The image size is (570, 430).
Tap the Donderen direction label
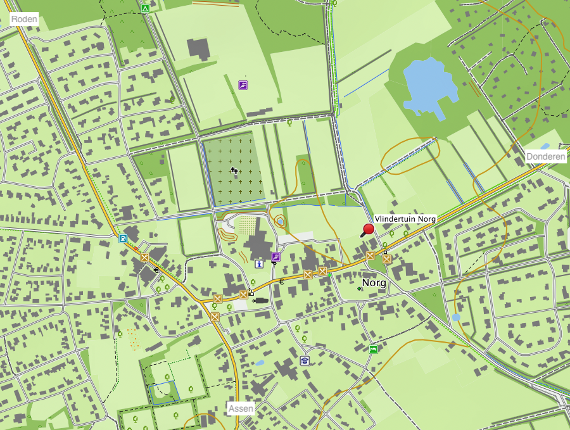click(x=545, y=156)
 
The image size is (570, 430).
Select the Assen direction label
click(x=241, y=408)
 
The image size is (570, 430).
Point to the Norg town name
click(x=374, y=282)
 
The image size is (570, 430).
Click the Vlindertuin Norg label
click(x=405, y=218)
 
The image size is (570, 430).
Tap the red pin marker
click(x=368, y=230)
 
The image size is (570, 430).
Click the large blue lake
click(x=430, y=83)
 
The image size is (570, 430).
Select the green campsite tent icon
click(x=145, y=9)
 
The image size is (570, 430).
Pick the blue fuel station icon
click(x=122, y=239)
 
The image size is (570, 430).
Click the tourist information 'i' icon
click(x=258, y=263)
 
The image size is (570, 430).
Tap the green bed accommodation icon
click(x=374, y=349)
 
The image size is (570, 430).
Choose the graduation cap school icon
click(x=304, y=360)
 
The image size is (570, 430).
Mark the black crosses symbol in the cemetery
click(x=234, y=170)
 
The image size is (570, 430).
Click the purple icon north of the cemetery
click(x=243, y=84)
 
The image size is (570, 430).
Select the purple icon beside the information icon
click(x=275, y=256)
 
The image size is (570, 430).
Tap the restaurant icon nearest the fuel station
click(x=145, y=257)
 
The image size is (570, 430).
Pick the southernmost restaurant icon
click(x=215, y=316)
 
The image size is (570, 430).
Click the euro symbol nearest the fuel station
click(x=156, y=270)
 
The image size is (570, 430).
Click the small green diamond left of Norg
click(x=359, y=288)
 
